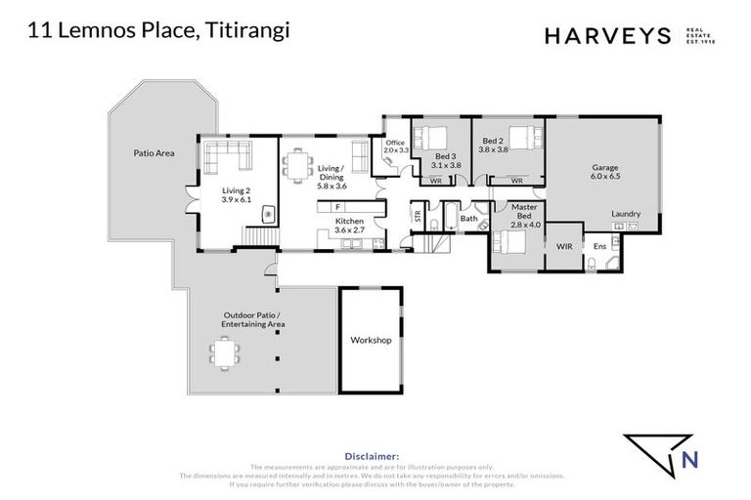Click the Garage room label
click(604, 167)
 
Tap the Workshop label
click(371, 340)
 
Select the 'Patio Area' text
click(154, 153)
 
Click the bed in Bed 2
click(521, 137)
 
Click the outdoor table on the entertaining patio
click(226, 352)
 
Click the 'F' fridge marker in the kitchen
click(337, 207)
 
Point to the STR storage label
click(418, 218)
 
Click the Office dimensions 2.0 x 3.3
click(394, 150)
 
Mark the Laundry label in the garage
click(625, 213)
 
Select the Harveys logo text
click(605, 36)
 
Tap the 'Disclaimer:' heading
click(372, 455)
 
